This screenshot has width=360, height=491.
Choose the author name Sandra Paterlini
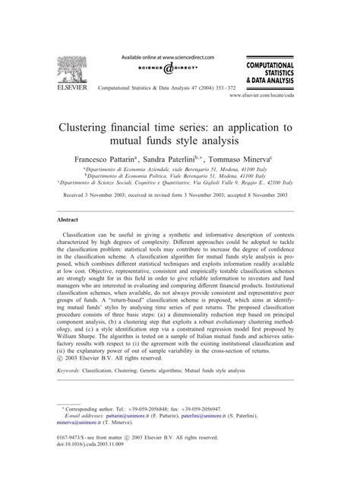(202, 161)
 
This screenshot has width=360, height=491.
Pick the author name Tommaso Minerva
(270, 161)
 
